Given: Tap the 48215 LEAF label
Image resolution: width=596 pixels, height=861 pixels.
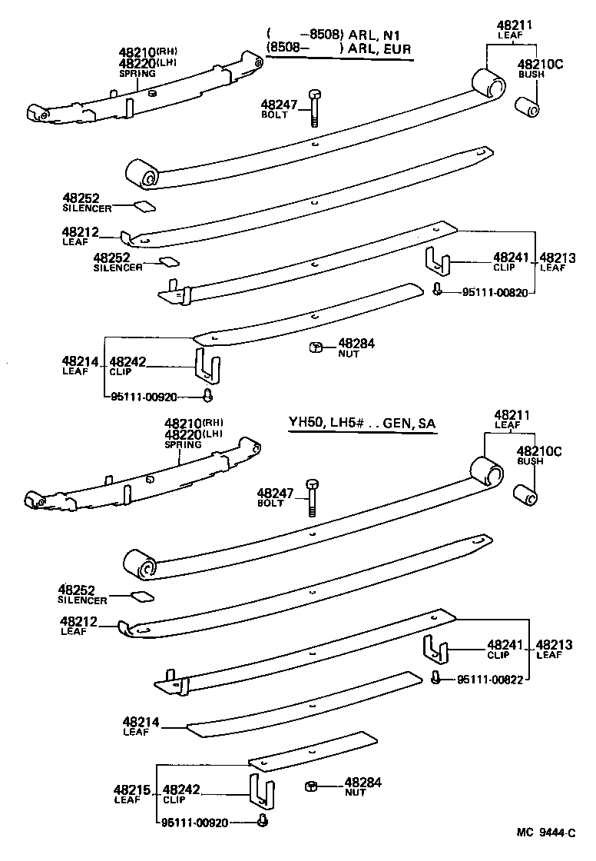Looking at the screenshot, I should [127, 794].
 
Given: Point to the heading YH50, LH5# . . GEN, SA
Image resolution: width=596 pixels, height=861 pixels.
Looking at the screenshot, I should [367, 424].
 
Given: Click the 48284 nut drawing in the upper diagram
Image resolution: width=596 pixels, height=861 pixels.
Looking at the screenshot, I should [315, 347].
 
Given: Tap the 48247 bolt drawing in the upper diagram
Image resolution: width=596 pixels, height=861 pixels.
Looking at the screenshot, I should [314, 108].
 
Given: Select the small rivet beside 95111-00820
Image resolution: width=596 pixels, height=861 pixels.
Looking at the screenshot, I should [437, 290].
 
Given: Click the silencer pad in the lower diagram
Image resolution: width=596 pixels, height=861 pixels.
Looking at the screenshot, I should [142, 595].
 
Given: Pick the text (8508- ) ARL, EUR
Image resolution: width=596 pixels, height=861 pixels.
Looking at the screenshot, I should [338, 49].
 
